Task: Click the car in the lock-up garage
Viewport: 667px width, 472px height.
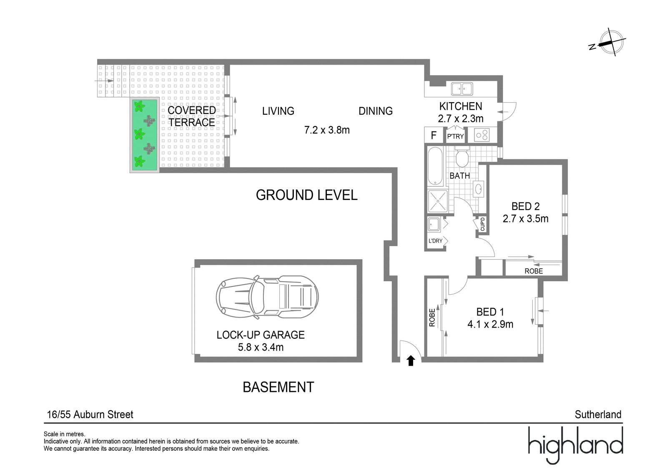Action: coord(267,297)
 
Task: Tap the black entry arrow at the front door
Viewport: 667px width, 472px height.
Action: coord(411,361)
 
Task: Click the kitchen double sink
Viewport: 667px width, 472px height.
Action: coord(462,89)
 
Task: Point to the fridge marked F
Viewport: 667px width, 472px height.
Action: coord(434,135)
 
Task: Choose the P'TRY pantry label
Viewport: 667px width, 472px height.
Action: coord(455,136)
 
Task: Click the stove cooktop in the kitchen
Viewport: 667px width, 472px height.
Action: coord(482,135)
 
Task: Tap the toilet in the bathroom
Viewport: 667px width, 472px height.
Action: coord(462,156)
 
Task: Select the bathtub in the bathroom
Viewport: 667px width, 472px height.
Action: coord(435,166)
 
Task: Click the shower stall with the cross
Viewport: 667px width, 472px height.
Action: coord(438,201)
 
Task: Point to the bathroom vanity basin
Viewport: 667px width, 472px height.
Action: coord(479,189)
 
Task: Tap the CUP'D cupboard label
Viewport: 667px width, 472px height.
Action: coord(482,224)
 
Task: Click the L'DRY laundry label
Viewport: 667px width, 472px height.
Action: coord(435,241)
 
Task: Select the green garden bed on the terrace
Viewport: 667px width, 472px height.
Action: coord(144,135)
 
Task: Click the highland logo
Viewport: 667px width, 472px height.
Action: coord(576,445)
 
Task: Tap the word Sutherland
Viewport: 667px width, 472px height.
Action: coord(598,414)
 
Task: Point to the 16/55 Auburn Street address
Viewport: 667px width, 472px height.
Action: coord(90,414)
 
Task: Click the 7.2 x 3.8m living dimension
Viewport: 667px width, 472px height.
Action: coord(327,130)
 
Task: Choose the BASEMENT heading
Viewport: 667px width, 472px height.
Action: coord(278,387)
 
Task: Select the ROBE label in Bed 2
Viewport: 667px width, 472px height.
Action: coord(534,271)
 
